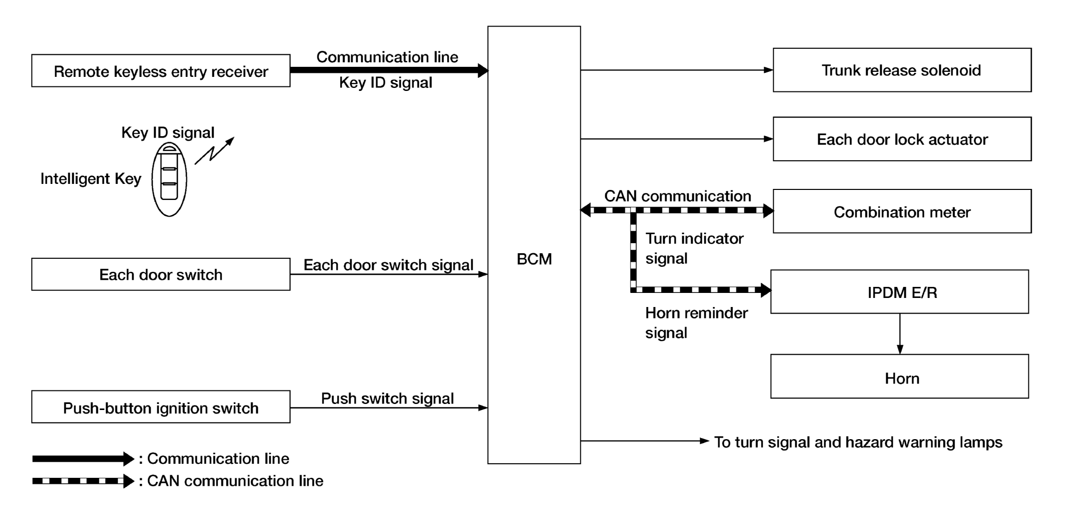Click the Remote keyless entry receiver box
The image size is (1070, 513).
point(161,71)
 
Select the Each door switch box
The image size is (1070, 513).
point(161,274)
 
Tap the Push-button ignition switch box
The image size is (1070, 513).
point(161,407)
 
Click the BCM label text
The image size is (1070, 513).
point(534,259)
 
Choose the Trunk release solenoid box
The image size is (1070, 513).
point(902,70)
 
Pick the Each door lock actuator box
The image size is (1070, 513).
point(902,139)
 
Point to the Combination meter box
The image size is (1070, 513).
point(902,211)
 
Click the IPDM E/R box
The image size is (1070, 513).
point(900,292)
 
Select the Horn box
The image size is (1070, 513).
point(900,376)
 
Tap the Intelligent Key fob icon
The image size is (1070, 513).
point(169,179)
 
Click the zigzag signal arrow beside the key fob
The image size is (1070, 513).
point(215,150)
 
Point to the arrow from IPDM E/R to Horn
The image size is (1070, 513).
point(900,334)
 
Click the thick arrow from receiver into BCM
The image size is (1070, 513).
point(389,70)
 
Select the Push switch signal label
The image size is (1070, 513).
point(387,398)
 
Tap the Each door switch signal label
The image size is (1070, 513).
point(388,265)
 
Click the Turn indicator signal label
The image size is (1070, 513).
point(694,248)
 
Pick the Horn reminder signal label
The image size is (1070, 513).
point(696,323)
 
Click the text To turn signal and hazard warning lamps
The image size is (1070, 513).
point(858,442)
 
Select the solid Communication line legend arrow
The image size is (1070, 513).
point(83,459)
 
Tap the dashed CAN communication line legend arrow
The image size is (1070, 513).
point(83,481)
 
